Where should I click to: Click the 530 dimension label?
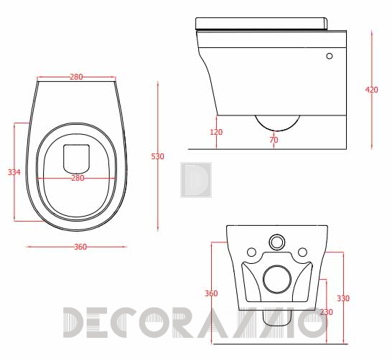click(157, 156)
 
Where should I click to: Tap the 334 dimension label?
click(14, 172)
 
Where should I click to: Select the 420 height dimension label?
click(371, 90)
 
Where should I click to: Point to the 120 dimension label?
click(216, 132)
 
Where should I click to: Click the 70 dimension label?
click(274, 140)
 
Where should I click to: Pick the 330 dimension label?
click(343, 298)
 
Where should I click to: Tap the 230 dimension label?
click(326, 312)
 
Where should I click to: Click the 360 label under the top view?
click(80, 247)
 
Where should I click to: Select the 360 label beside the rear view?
click(211, 293)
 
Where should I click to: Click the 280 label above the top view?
click(76, 77)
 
